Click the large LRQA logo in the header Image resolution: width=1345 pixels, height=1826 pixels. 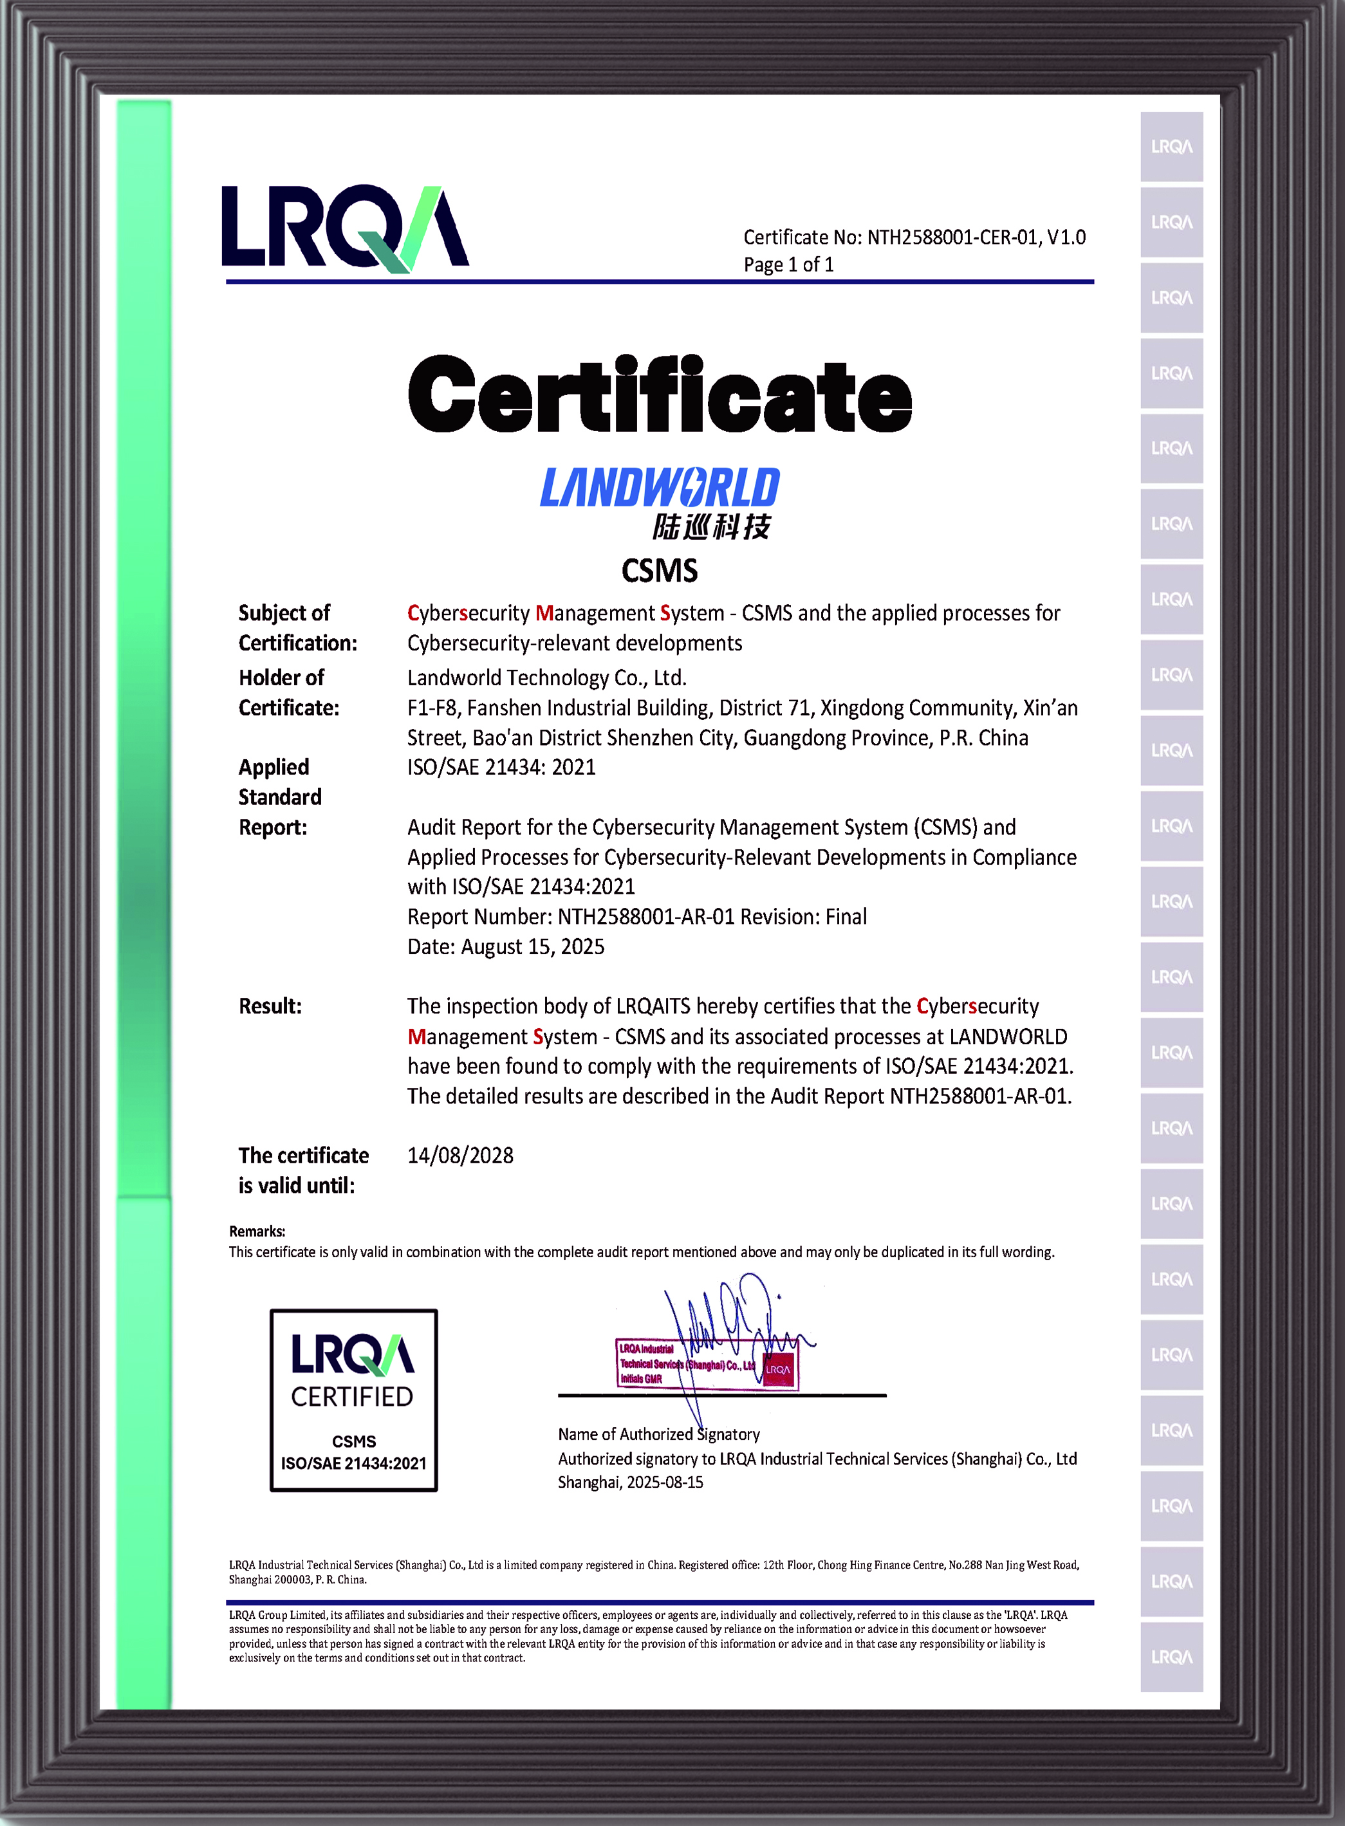tap(344, 228)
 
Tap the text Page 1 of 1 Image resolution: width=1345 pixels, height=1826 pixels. tap(788, 264)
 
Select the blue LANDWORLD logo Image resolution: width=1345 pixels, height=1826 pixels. tap(660, 488)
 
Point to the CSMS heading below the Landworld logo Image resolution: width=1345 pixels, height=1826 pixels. tap(660, 571)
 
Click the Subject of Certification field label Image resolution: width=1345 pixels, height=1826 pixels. tap(297, 628)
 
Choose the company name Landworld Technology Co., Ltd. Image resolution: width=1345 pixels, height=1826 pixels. tap(547, 678)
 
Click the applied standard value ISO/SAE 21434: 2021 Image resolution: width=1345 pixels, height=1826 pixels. tap(501, 767)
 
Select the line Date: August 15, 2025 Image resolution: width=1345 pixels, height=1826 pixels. tap(506, 947)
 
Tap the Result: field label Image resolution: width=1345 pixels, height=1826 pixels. tap(270, 1006)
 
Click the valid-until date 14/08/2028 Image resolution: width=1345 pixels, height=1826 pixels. tap(460, 1155)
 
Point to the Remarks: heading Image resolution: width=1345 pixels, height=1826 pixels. tap(257, 1231)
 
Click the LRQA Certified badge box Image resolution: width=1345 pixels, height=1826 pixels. tap(353, 1399)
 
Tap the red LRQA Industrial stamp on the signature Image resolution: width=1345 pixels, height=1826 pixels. tap(707, 1363)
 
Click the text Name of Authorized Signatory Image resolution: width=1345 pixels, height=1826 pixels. tap(658, 1434)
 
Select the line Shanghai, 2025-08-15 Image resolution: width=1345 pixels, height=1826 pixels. tap(630, 1482)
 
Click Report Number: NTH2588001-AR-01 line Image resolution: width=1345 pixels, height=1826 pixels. tap(636, 917)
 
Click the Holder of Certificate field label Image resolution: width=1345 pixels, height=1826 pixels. tap(288, 692)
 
